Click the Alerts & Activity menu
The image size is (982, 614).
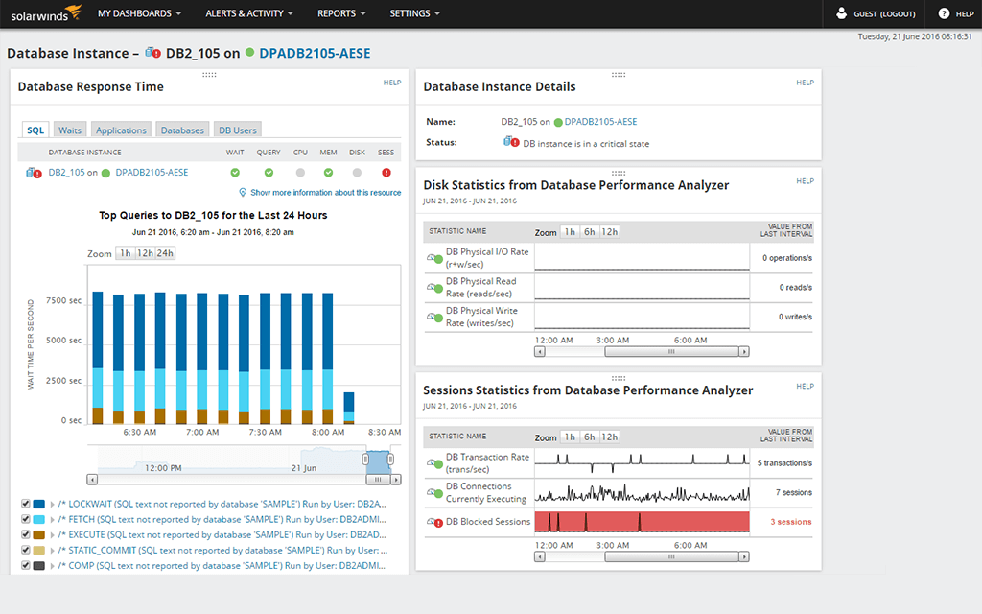[248, 13]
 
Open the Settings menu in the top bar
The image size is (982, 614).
[414, 13]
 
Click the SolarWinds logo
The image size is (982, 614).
[38, 13]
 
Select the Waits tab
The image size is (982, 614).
[70, 130]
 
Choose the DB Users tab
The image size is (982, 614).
[237, 130]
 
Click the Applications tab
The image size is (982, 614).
[121, 130]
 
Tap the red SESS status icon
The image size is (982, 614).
[386, 173]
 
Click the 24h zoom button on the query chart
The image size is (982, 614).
[166, 253]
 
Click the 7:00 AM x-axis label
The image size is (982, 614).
[202, 433]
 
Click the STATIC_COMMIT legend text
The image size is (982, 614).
[222, 551]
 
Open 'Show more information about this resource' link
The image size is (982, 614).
[325, 193]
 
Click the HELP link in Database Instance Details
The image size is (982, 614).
[805, 83]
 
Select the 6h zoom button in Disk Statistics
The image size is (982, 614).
[589, 232]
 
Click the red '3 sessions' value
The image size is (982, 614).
[791, 522]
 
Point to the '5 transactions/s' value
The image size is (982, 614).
[784, 463]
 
